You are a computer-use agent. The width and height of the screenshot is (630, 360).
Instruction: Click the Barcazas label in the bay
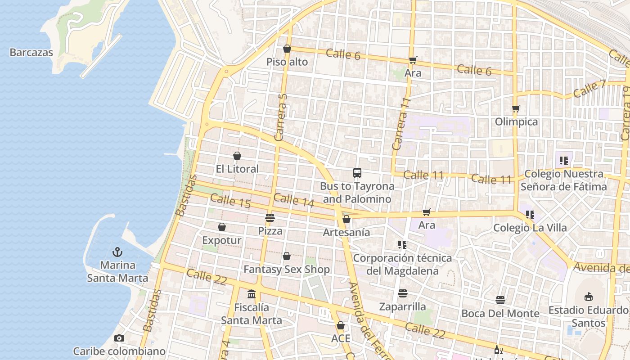pyautogui.click(x=31, y=52)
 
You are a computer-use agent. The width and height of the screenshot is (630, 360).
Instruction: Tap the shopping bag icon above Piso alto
pyautogui.click(x=287, y=49)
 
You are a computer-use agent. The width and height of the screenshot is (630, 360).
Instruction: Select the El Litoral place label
pyautogui.click(x=237, y=169)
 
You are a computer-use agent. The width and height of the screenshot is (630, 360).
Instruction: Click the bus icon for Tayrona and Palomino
pyautogui.click(x=357, y=173)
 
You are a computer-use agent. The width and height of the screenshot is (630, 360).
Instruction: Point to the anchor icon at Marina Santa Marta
pyautogui.click(x=117, y=252)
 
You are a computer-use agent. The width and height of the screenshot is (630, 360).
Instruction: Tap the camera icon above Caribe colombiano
pyautogui.click(x=119, y=338)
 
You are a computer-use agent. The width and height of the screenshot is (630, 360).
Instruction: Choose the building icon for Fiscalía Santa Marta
pyautogui.click(x=252, y=294)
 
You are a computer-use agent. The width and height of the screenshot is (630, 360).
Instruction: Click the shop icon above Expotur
pyautogui.click(x=222, y=227)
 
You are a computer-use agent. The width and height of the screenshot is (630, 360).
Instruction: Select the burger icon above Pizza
pyautogui.click(x=270, y=218)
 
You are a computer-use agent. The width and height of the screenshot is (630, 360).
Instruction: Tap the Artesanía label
pyautogui.click(x=346, y=232)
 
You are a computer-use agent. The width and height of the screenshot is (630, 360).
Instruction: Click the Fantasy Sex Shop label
pyautogui.click(x=287, y=269)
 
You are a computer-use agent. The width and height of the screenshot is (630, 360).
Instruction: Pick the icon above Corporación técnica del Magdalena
pyautogui.click(x=402, y=245)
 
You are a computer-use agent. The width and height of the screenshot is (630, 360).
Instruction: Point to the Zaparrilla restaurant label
pyautogui.click(x=402, y=306)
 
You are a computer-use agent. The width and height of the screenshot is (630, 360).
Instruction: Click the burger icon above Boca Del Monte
pyautogui.click(x=500, y=300)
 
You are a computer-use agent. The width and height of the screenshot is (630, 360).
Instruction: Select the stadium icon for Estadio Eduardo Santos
pyautogui.click(x=588, y=297)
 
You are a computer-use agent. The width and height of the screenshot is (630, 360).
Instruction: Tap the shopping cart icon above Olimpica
pyautogui.click(x=516, y=109)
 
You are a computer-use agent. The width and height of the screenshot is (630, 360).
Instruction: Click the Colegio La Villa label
pyautogui.click(x=530, y=228)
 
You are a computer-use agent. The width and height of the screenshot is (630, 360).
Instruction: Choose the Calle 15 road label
pyautogui.click(x=230, y=201)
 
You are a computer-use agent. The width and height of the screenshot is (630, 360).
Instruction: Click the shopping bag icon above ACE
pyautogui.click(x=341, y=325)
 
